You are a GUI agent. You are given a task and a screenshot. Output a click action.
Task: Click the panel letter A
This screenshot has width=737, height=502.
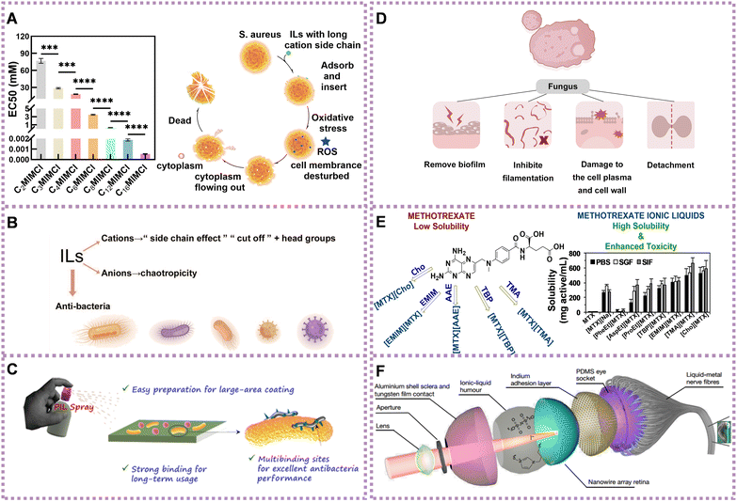[15, 15]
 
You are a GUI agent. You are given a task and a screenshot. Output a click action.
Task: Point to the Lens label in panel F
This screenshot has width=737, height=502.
[409, 452]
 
